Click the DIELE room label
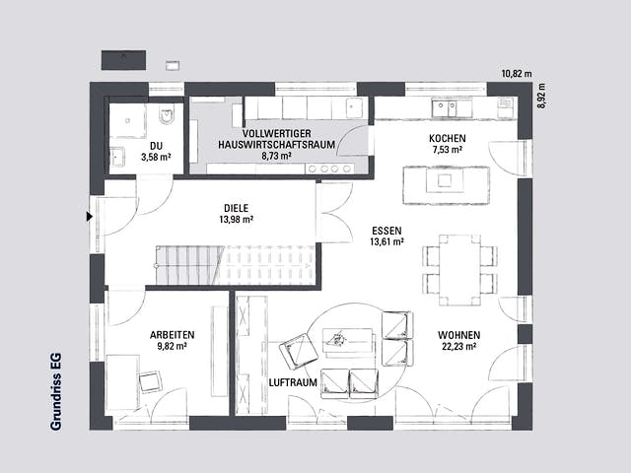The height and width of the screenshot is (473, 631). [237, 208]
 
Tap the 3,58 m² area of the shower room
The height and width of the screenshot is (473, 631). [156, 157]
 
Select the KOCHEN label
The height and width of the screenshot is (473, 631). [447, 138]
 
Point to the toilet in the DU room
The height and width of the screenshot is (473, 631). [167, 115]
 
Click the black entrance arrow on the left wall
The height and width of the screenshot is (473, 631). [90, 217]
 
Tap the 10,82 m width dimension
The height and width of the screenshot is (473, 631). [517, 74]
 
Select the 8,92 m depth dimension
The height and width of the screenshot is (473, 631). [541, 96]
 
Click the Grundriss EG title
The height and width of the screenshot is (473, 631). [56, 391]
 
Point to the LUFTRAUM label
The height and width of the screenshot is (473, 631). [293, 382]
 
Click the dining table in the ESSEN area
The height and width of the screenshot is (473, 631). [459, 270]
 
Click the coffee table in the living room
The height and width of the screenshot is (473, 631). [348, 340]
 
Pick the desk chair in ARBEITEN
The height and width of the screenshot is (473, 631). [151, 381]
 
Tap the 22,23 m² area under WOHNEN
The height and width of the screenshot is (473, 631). [458, 346]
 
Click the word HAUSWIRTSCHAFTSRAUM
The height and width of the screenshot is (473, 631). [276, 145]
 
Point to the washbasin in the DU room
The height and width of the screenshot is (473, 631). [117, 156]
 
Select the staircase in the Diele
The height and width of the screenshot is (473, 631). [236, 265]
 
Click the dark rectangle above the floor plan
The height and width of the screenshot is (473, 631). [123, 60]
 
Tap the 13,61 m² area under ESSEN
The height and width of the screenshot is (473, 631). [386, 241]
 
